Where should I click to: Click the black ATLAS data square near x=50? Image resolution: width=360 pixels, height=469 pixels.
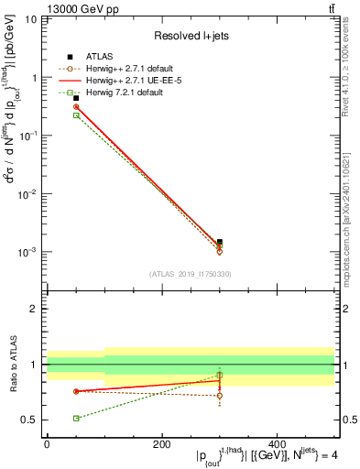(51, 98)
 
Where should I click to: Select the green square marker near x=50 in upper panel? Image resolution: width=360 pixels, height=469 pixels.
(51, 115)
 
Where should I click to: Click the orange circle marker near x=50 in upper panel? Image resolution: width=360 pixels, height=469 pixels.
(51, 107)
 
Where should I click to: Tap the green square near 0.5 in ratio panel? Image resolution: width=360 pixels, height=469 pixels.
(51, 418)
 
